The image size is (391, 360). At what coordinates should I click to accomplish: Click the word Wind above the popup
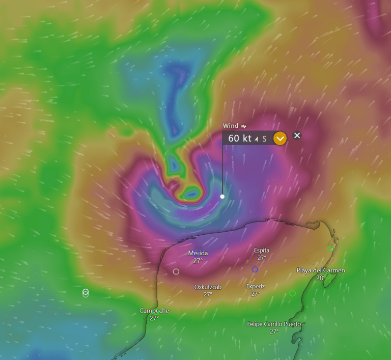pyautogui.click(x=231, y=126)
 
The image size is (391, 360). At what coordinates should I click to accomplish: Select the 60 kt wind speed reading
pyautogui.click(x=239, y=138)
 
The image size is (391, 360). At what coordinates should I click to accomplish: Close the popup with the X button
pyautogui.click(x=297, y=135)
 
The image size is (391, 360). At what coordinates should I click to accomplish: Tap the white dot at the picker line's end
pyautogui.click(x=222, y=196)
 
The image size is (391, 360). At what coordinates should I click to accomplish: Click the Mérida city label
pyautogui.click(x=198, y=253)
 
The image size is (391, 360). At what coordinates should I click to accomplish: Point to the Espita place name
pyautogui.click(x=262, y=250)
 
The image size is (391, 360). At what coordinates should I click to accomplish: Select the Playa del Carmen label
pyautogui.click(x=321, y=270)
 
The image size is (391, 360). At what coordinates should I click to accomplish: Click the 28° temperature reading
pyautogui.click(x=321, y=278)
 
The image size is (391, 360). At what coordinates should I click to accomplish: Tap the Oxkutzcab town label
pyautogui.click(x=208, y=287)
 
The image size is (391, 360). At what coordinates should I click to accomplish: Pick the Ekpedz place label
pyautogui.click(x=256, y=286)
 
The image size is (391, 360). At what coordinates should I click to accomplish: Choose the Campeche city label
pyautogui.click(x=154, y=311)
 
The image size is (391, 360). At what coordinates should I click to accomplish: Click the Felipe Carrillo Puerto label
pyautogui.click(x=274, y=324)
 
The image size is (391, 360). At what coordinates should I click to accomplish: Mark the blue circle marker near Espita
pyautogui.click(x=255, y=269)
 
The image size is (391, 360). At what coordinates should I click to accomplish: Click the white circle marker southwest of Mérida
pyautogui.click(x=176, y=271)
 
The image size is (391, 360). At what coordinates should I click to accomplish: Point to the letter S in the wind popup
pyautogui.click(x=264, y=139)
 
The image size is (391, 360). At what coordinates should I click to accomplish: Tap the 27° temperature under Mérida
pyautogui.click(x=198, y=260)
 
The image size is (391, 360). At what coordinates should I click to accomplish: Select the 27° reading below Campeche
pyautogui.click(x=154, y=318)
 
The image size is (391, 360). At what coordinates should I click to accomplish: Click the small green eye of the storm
pyautogui.click(x=192, y=194)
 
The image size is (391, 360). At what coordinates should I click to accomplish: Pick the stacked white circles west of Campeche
pyautogui.click(x=86, y=293)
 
